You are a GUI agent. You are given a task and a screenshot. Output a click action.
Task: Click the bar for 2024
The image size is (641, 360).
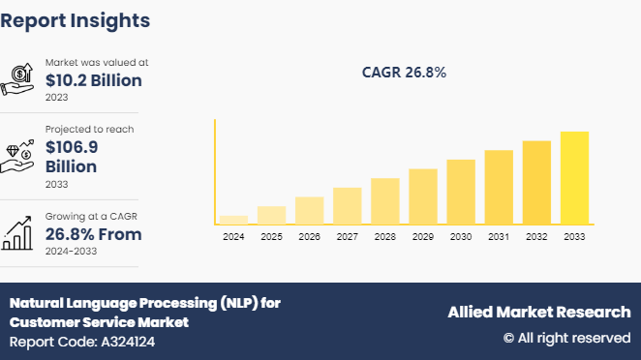pyautogui.click(x=233, y=220)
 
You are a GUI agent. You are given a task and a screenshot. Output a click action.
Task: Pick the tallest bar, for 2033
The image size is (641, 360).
pyautogui.click(x=574, y=177)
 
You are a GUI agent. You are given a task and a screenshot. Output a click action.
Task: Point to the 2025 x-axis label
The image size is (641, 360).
pyautogui.click(x=271, y=237)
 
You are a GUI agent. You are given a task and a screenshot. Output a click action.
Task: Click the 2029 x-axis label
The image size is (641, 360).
pyautogui.click(x=423, y=237)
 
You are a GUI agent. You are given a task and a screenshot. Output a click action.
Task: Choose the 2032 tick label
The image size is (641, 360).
pyautogui.click(x=536, y=237)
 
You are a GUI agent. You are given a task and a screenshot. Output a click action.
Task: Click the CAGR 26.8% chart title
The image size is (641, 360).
pyautogui.click(x=404, y=73)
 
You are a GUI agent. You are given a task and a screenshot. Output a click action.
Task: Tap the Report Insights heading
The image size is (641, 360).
pyautogui.click(x=75, y=19)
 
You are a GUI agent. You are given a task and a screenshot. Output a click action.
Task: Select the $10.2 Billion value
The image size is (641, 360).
pyautogui.click(x=93, y=80)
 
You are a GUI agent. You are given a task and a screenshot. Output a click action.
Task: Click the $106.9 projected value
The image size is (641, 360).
pyautogui.click(x=71, y=147)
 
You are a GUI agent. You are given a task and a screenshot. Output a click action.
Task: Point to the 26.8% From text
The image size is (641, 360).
pyautogui.click(x=93, y=234)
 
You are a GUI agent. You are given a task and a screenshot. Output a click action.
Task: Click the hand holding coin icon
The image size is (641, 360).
pyautogui.click(x=19, y=79)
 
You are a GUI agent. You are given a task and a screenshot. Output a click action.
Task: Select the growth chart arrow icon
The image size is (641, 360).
pyautogui.click(x=19, y=232)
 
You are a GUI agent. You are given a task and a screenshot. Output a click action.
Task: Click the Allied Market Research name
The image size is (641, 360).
pyautogui.click(x=538, y=312)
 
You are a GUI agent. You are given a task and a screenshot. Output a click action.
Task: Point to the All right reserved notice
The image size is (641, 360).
pyautogui.click(x=566, y=338)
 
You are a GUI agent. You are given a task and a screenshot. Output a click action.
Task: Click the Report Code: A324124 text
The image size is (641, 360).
pyautogui.click(x=82, y=342)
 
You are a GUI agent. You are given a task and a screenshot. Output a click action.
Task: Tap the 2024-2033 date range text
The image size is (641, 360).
pyautogui.click(x=72, y=252)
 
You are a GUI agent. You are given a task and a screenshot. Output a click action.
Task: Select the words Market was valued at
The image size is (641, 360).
pyautogui.click(x=97, y=62)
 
